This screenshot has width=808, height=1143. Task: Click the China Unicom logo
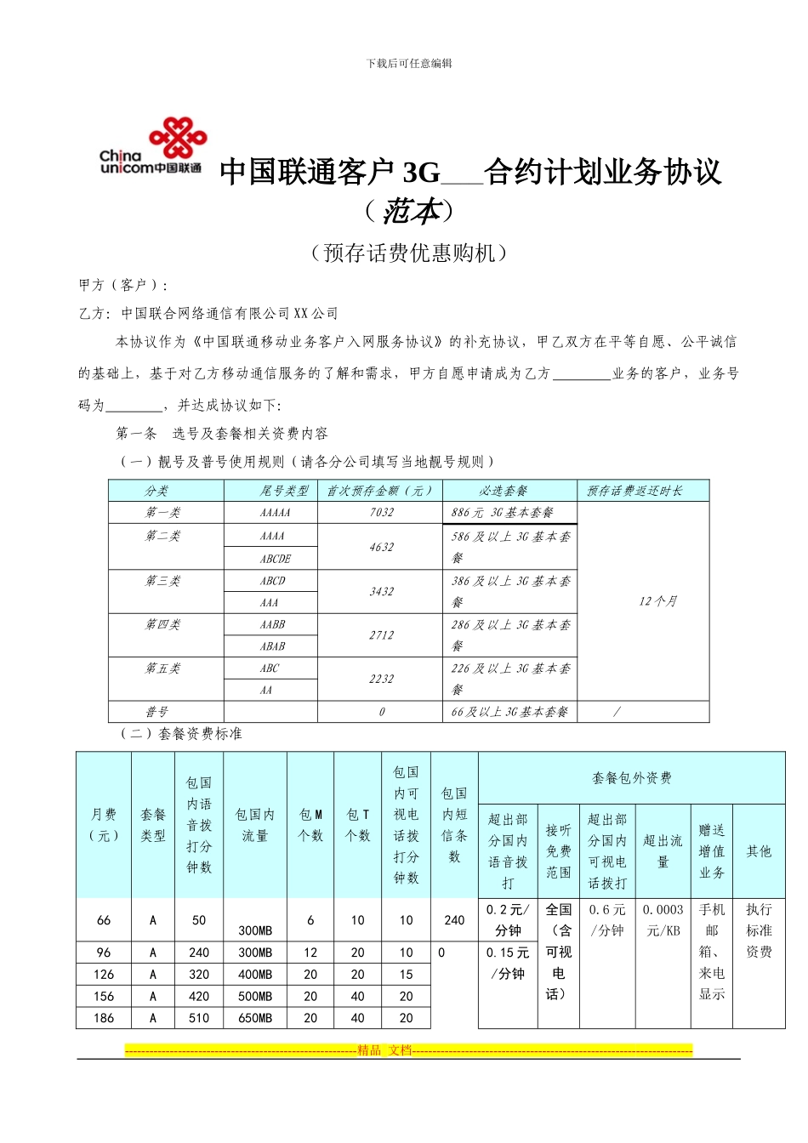(x=153, y=147)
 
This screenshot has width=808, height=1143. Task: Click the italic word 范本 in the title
(x=410, y=211)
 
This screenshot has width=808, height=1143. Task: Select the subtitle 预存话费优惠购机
(x=409, y=253)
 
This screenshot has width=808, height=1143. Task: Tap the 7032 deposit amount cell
(x=381, y=513)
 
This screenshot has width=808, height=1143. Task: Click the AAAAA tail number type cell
(x=274, y=513)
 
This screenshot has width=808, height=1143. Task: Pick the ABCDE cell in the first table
(x=274, y=559)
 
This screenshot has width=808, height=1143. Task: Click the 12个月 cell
(x=657, y=601)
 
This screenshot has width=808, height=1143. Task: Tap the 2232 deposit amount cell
(x=381, y=680)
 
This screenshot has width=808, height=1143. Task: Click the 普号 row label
(x=156, y=712)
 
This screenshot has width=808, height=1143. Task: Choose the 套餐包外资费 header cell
(x=631, y=778)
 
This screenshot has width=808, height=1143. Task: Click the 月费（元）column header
(x=104, y=825)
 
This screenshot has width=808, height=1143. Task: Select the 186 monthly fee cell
(x=104, y=1018)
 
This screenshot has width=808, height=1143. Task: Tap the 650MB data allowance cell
(x=255, y=1018)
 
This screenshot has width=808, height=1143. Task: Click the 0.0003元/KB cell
(x=663, y=920)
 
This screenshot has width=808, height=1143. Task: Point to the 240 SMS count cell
(x=454, y=920)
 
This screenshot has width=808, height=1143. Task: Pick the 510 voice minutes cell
(x=199, y=1018)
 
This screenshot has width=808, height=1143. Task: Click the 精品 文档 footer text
(x=384, y=1050)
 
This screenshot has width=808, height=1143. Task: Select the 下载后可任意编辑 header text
(x=409, y=63)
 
